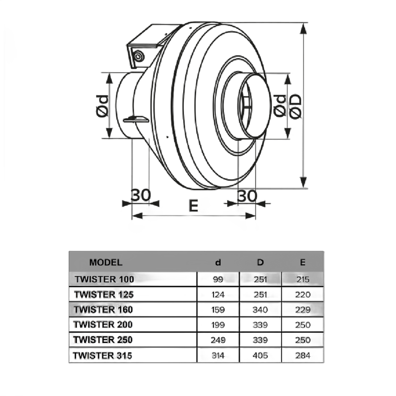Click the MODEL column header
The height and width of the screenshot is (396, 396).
pyautogui.click(x=105, y=263)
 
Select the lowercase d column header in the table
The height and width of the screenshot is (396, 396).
pyautogui.click(x=218, y=263)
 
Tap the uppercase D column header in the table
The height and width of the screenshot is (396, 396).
pyautogui.click(x=260, y=263)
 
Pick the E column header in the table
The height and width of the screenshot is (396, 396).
pyautogui.click(x=302, y=263)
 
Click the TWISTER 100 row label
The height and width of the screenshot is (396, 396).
pyautogui.click(x=104, y=279)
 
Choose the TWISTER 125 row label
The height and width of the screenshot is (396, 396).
pyautogui.click(x=104, y=295)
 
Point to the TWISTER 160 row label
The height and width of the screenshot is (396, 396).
pyautogui.click(x=104, y=310)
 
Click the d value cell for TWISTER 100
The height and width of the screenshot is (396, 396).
pyautogui.click(x=218, y=279)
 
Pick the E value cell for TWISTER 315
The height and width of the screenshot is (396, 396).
pyautogui.click(x=302, y=356)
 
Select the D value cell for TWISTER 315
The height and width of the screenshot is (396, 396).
pyautogui.click(x=260, y=356)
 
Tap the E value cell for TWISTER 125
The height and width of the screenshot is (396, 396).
pyautogui.click(x=302, y=295)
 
